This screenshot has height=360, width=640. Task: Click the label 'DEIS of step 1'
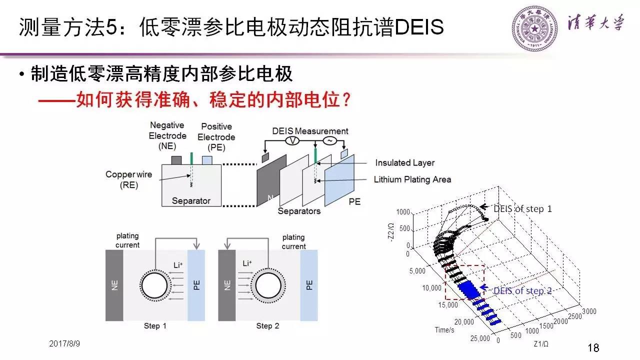522,208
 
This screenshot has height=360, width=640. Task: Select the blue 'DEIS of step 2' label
522,290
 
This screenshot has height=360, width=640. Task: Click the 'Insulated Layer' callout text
404,162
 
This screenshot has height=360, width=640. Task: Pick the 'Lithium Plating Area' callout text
412,179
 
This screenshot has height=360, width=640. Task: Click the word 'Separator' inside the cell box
191,201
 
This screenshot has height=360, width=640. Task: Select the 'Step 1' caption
155,326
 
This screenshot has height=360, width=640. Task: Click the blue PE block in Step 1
195,285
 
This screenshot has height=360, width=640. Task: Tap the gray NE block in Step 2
227,285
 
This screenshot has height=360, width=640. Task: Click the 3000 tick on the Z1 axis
589,311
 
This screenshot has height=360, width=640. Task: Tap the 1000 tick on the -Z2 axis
403,212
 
